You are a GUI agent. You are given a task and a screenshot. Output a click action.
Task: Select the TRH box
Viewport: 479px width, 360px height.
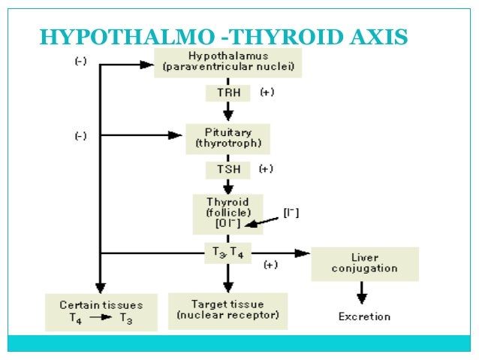pos(228,93)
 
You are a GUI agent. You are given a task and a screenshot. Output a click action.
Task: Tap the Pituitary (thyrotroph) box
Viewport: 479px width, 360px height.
pos(227,136)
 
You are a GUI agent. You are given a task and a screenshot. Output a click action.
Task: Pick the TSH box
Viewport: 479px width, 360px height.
pos(228,168)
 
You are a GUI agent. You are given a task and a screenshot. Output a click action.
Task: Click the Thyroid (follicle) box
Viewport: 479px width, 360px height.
pos(227,213)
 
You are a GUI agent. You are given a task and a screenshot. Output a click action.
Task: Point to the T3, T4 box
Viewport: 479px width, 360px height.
pos(228,253)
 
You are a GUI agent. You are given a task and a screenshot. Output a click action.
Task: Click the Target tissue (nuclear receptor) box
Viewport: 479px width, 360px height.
pos(227,310)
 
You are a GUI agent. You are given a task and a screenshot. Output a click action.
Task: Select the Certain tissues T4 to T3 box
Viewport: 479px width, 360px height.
pos(101,311)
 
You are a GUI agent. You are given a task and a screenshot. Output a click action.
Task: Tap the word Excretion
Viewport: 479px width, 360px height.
pos(364,316)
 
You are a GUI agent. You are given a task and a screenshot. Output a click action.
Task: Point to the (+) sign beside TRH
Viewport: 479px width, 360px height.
pos(267,92)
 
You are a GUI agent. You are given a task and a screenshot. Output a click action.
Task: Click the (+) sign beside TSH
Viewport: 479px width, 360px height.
pos(266,168)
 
